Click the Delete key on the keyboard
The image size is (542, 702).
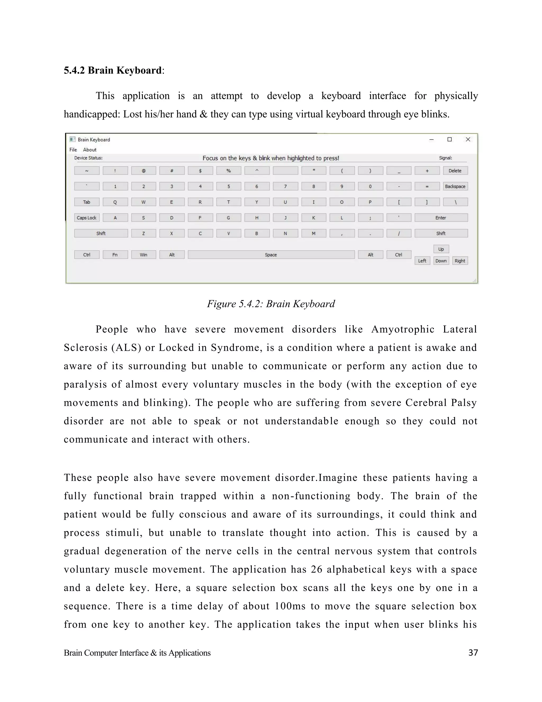(x=455, y=171)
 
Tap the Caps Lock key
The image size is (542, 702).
(x=87, y=217)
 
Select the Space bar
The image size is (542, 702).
(x=271, y=255)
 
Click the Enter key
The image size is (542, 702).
(x=441, y=217)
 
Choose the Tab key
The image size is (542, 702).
(x=87, y=202)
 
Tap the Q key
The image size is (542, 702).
(x=115, y=202)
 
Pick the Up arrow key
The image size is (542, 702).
(x=441, y=249)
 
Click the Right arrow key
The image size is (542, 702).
(x=460, y=261)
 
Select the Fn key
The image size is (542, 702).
(x=115, y=255)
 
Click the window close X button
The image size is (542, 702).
(x=468, y=140)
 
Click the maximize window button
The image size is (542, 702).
(x=450, y=140)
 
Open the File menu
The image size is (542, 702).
(x=73, y=150)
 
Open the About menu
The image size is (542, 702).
(x=90, y=150)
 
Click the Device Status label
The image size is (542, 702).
(x=88, y=158)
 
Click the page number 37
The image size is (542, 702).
(x=473, y=653)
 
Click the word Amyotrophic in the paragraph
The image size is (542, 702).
(x=403, y=330)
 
